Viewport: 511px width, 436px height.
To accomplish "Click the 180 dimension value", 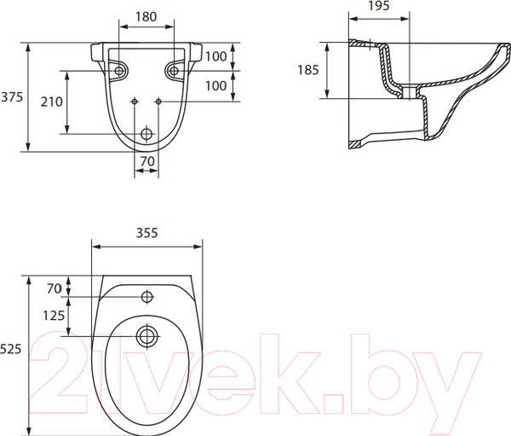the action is [146, 17].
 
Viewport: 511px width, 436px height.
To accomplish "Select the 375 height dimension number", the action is [12, 97].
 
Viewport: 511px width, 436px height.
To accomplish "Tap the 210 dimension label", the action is [52, 102].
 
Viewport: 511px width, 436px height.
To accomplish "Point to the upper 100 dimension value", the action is [216, 56].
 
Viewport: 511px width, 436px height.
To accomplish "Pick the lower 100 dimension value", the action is [216, 86].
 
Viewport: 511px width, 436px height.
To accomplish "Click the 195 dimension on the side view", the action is [379, 6].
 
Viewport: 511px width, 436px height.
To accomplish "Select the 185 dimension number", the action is [308, 70].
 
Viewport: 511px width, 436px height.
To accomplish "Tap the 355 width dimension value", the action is [147, 233].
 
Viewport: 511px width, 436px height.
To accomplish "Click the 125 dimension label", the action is [54, 316].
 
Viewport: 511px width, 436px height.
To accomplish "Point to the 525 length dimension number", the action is [11, 349].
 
